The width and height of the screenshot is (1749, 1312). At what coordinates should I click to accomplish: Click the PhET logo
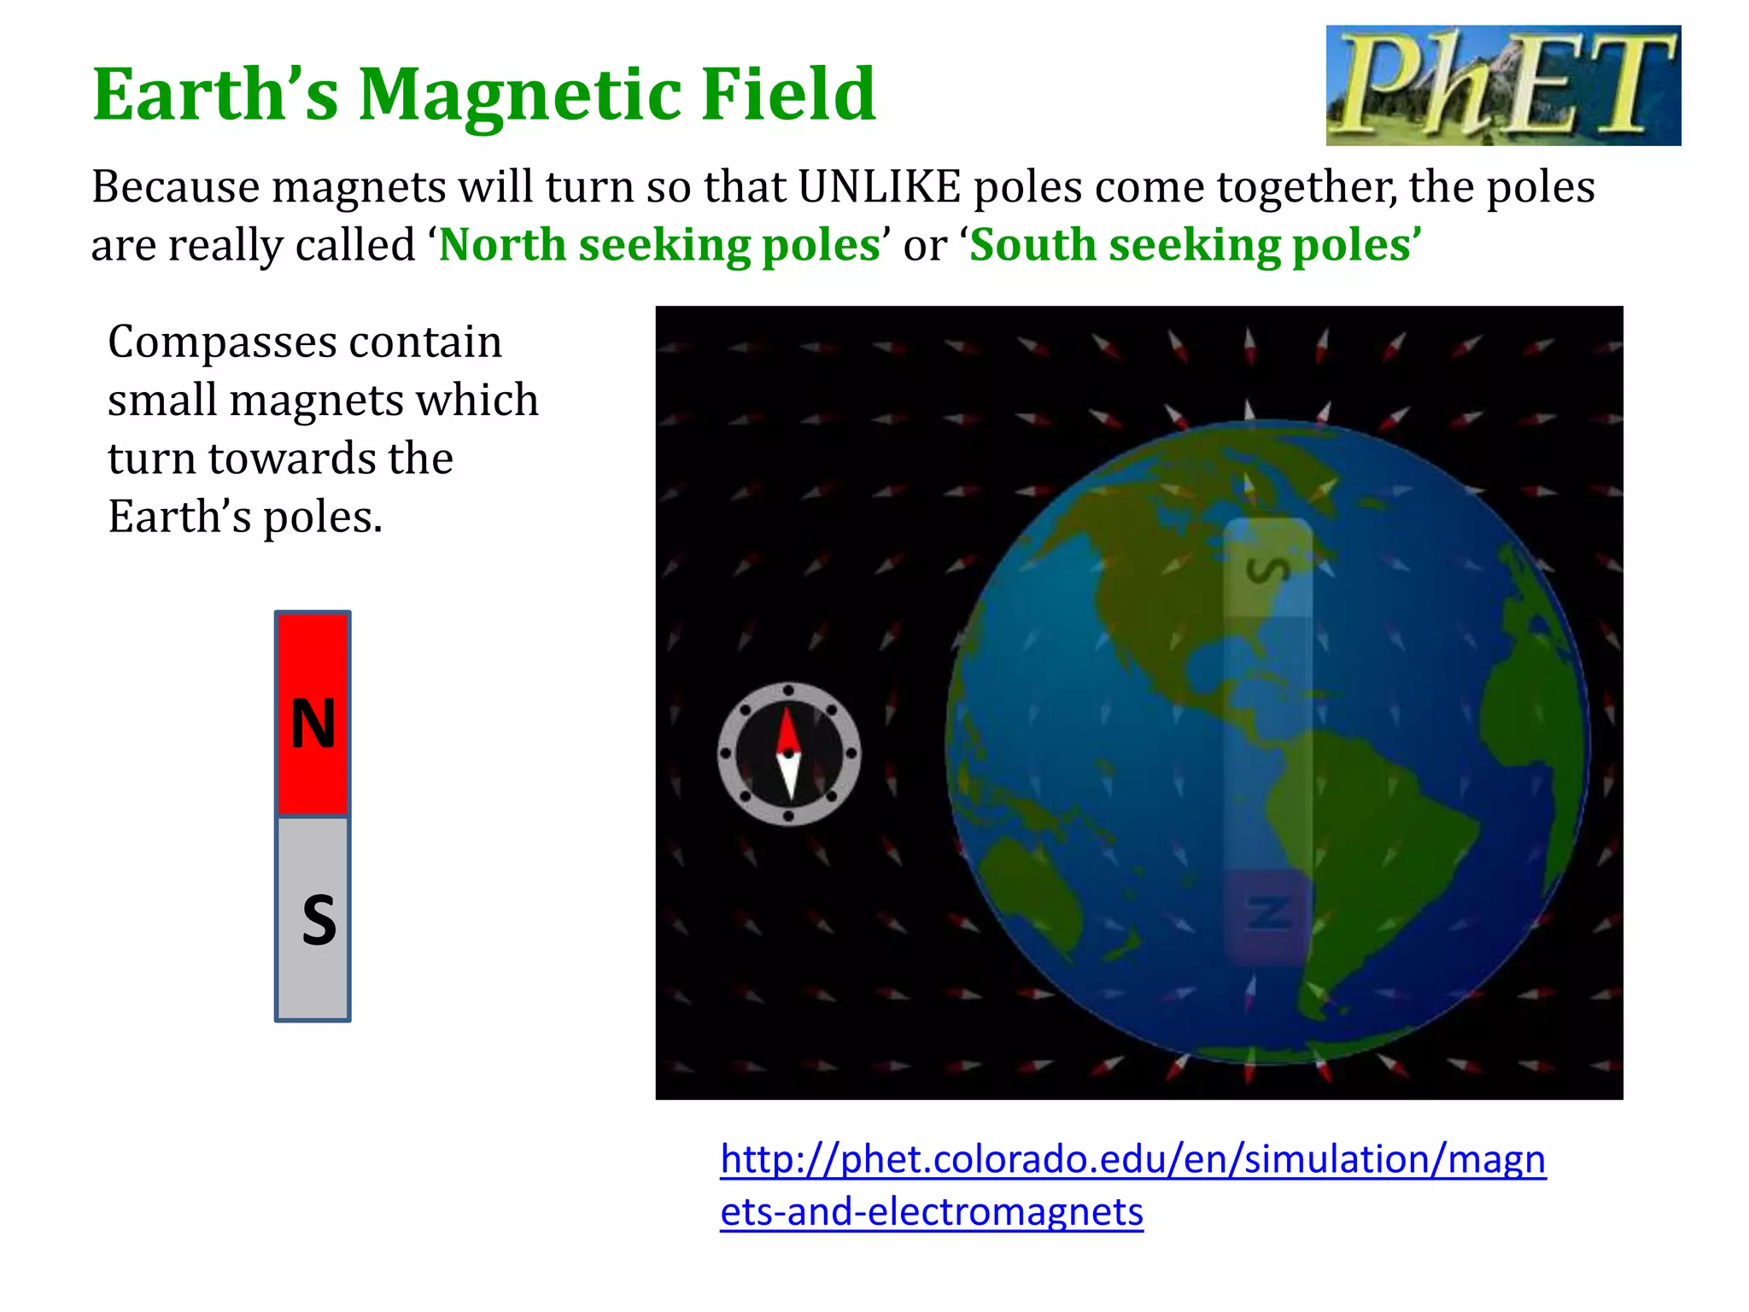coord(1503,85)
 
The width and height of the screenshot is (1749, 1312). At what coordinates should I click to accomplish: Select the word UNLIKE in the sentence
coord(880,187)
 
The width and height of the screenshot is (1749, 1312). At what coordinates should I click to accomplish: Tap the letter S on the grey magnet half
coord(319,920)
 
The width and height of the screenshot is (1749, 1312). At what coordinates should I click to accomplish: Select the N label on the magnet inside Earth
coord(1268,913)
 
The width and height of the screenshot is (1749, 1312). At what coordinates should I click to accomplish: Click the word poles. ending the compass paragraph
coord(322,517)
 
